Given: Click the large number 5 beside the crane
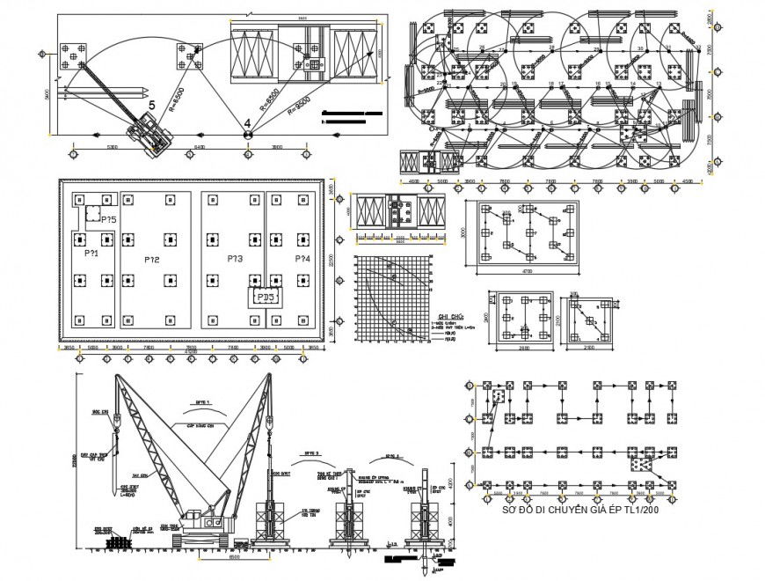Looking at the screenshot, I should coord(151,105).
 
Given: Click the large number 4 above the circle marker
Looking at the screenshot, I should coord(248,122).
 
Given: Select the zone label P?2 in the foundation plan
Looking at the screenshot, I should coord(151,260).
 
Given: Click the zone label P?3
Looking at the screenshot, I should coord(234,260).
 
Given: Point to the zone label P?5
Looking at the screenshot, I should coord(108,219).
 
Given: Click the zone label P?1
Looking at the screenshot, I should coord(91,254).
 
